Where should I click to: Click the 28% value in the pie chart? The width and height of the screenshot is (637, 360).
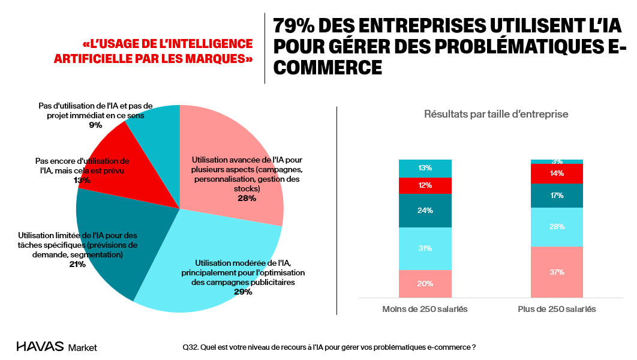click(x=246, y=198)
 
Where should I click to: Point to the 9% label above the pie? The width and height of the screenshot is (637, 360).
click(x=95, y=125)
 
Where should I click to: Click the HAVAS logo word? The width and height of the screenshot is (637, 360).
click(x=40, y=347)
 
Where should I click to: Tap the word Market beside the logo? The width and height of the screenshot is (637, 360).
click(x=83, y=347)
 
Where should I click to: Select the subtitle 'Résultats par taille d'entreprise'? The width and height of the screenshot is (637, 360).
click(x=496, y=114)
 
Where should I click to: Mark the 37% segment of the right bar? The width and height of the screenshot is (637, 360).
click(x=557, y=272)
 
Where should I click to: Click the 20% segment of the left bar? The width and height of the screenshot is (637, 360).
click(x=425, y=284)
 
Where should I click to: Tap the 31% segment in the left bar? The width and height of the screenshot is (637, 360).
click(x=425, y=248)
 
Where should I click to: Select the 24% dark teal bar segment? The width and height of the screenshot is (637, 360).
click(x=425, y=211)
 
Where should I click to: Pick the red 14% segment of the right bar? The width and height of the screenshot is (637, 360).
click(x=557, y=173)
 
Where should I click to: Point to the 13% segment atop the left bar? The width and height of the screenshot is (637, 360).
click(x=425, y=168)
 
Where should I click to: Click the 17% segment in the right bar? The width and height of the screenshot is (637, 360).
click(x=557, y=196)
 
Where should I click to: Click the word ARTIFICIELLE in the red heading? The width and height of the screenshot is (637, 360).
click(x=91, y=58)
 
